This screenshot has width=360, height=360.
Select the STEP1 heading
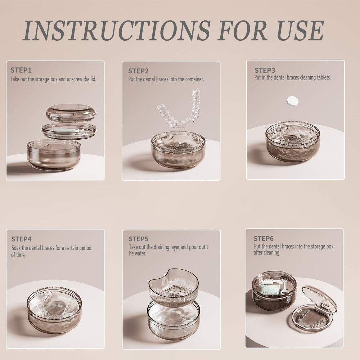(x=21, y=70)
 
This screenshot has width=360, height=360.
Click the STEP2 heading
(x=138, y=71)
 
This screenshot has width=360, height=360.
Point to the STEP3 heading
(x=265, y=70)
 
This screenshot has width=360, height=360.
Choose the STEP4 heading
(x=21, y=239)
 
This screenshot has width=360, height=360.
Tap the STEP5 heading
(x=139, y=239)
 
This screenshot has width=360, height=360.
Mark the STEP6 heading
(x=264, y=238)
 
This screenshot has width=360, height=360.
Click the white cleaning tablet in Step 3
(x=293, y=101)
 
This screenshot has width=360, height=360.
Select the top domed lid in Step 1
(x=71, y=113)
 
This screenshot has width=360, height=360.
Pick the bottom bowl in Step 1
(x=54, y=156)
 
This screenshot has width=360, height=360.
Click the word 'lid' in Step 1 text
(x=93, y=79)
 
